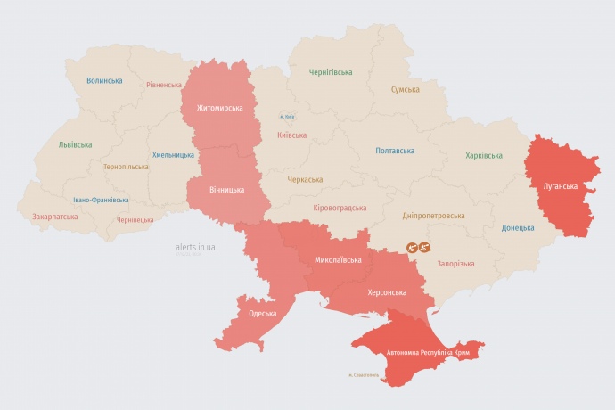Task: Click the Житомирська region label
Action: coord(213,108)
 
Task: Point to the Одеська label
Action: coord(262,313)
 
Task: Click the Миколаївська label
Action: coord(338,260)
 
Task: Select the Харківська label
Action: coord(483,156)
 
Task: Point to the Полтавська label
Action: coord(395,151)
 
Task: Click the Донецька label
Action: coord(517,227)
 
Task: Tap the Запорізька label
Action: coord(455,264)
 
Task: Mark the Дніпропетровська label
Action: coord(433,216)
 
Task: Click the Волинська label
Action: coord(104,80)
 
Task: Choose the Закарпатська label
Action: coord(54,217)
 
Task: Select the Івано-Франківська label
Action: coord(101,200)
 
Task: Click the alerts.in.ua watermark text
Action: coord(189,246)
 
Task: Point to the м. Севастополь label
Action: coord(364,374)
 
